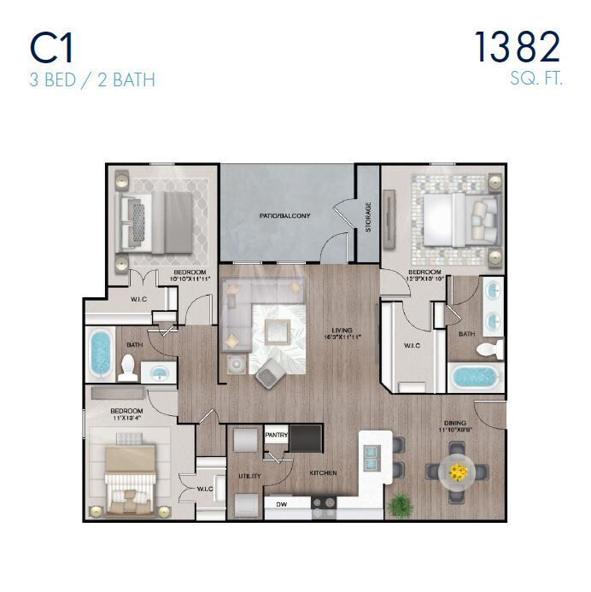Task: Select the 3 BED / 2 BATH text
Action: (x=92, y=82)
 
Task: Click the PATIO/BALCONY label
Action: (x=285, y=216)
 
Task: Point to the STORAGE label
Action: (x=368, y=218)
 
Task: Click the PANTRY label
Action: (x=276, y=436)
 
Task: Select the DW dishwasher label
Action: (x=280, y=505)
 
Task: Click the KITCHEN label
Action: (x=323, y=472)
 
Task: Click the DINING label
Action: (x=453, y=420)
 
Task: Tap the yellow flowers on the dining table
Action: (x=459, y=471)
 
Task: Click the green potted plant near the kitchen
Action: (x=397, y=504)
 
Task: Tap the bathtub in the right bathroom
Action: (x=476, y=377)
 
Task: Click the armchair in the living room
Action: (x=270, y=372)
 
